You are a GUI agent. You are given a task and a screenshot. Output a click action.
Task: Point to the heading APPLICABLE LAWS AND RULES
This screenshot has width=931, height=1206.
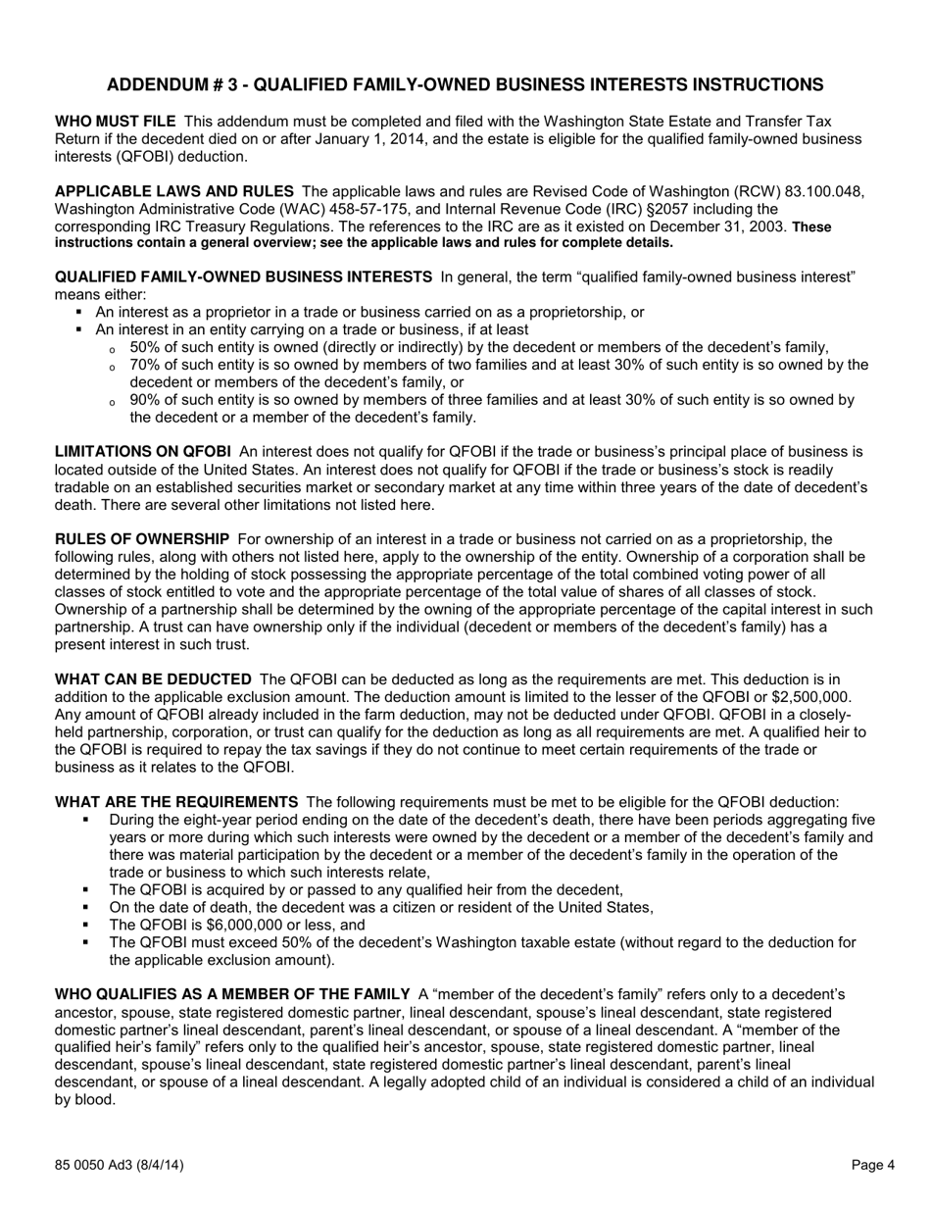173,191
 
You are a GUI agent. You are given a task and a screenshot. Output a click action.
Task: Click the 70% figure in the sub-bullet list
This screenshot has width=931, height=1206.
146,365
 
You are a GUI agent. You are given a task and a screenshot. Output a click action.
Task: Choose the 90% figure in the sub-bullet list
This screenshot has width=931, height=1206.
146,400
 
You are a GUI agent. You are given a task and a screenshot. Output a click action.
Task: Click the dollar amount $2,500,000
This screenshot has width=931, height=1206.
804,697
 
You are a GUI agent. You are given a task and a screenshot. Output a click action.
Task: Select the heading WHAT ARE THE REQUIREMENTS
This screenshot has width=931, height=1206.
176,802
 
